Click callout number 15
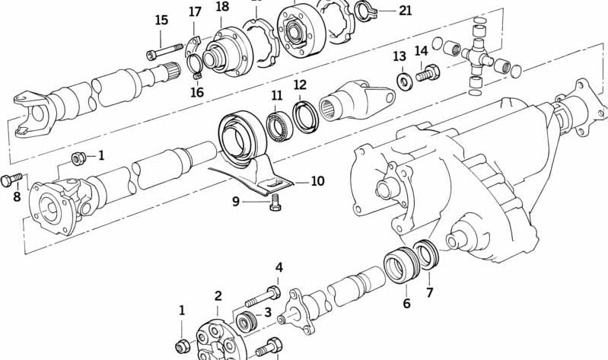161,20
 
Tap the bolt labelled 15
161,54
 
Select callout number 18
221,7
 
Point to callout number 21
405,11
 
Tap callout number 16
196,92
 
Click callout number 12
300,84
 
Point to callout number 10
317,181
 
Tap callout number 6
406,304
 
